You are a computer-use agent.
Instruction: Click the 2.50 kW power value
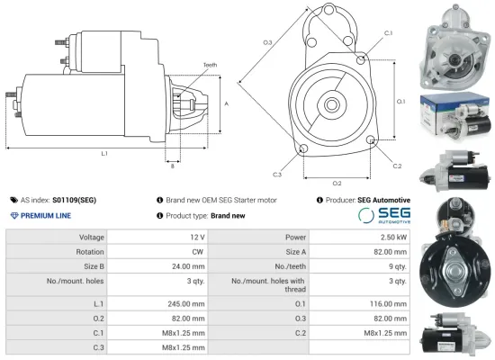coord(392,237)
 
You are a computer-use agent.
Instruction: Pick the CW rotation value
coord(197,252)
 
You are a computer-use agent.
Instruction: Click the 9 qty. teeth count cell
coord(396,266)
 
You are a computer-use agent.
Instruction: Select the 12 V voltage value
coord(196,237)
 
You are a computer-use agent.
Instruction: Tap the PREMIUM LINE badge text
coord(45,216)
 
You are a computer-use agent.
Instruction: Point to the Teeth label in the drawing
coord(210,66)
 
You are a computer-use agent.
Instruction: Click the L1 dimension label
coord(104,154)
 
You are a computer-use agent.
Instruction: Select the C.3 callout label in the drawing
coord(276,174)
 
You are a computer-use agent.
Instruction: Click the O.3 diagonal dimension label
coord(267,43)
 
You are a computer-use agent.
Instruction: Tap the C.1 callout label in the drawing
coord(388,32)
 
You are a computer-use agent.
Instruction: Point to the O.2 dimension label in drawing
coord(337,184)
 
